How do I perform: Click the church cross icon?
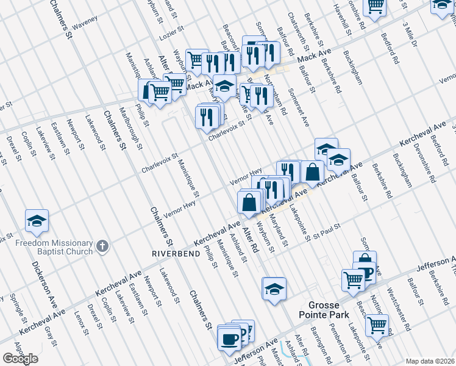(103, 247)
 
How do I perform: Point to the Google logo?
(20, 359)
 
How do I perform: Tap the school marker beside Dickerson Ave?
(37, 222)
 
